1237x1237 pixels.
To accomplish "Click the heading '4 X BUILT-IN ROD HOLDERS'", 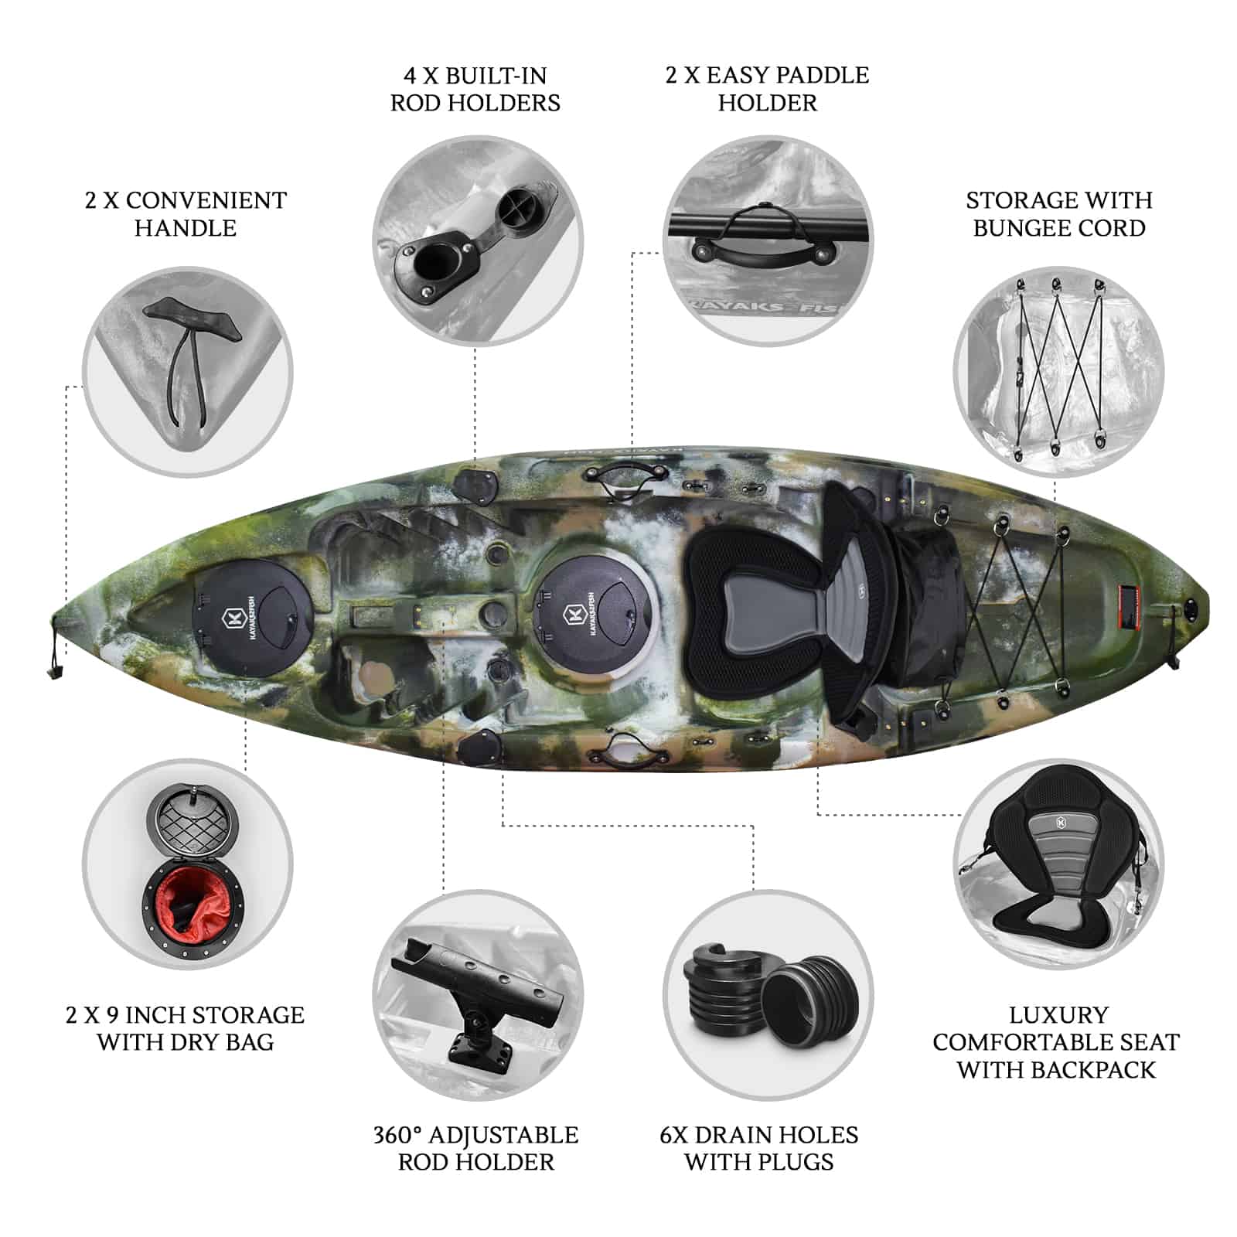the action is [475, 89].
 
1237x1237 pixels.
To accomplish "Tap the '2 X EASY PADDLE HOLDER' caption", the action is [767, 89].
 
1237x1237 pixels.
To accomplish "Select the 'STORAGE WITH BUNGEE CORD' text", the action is [1058, 214].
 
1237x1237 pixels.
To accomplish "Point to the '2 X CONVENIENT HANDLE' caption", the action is [186, 214].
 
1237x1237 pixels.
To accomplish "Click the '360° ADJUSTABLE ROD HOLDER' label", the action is [475, 1148].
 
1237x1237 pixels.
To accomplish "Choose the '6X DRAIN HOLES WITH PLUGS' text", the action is [758, 1148].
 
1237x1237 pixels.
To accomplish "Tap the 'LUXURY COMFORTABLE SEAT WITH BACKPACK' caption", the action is [1056, 1042].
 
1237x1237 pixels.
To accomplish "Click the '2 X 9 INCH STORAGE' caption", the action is [186, 1014].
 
